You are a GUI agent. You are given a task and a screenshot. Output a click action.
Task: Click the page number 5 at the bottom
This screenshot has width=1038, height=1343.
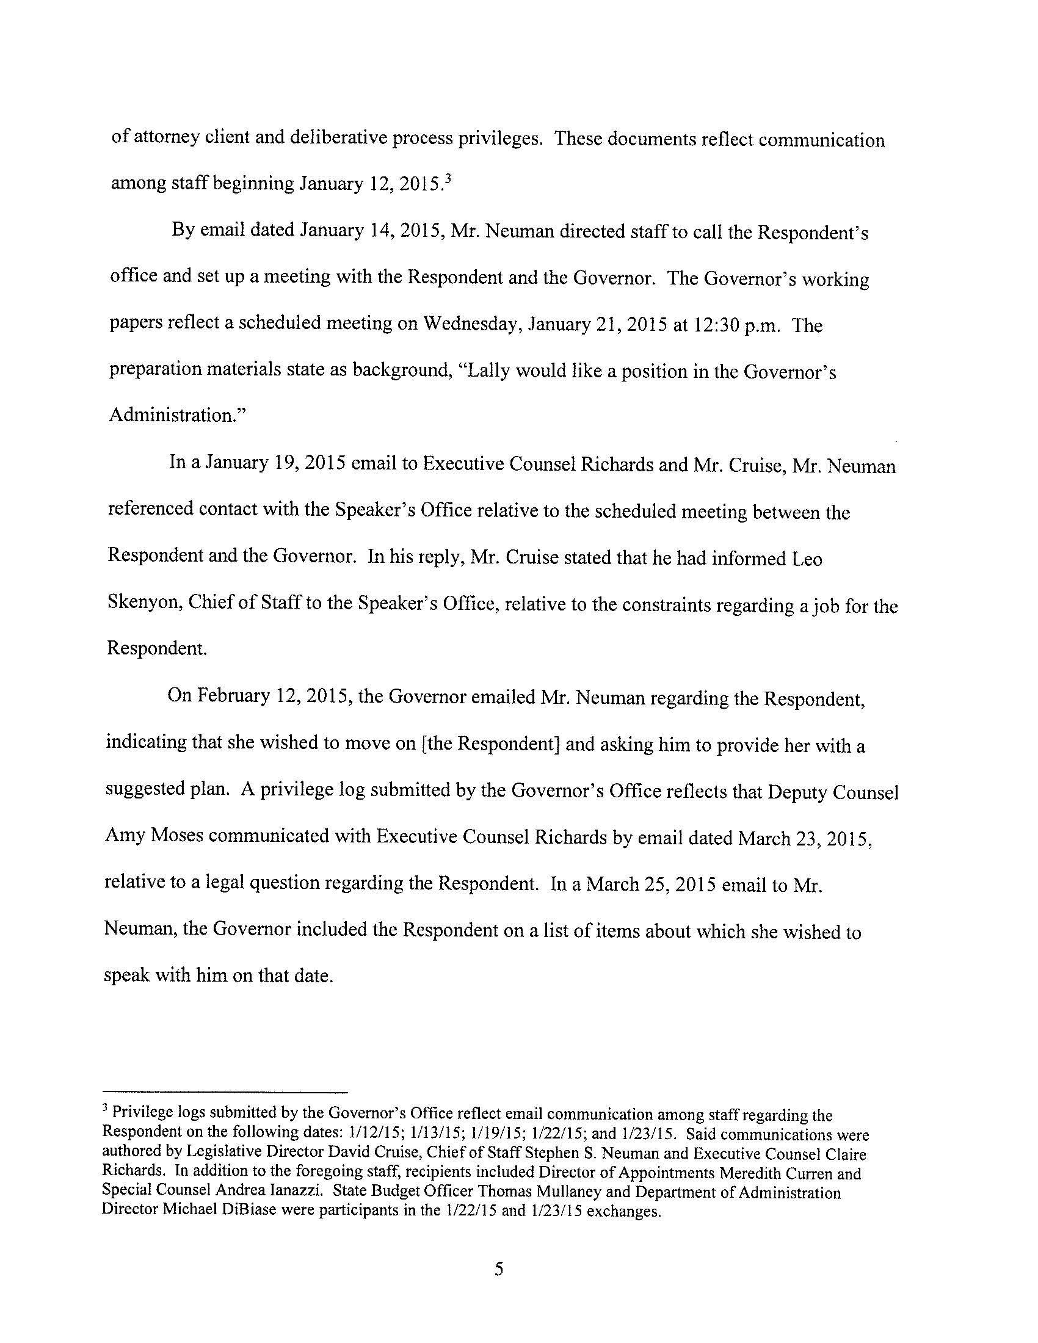coord(499,1269)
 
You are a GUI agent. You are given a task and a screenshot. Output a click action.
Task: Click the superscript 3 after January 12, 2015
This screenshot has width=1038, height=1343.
coord(449,178)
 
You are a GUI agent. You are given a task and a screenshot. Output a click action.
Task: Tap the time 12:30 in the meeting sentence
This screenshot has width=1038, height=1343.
coord(716,325)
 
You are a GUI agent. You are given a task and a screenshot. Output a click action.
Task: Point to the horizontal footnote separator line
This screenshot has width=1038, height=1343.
coord(225,1092)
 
